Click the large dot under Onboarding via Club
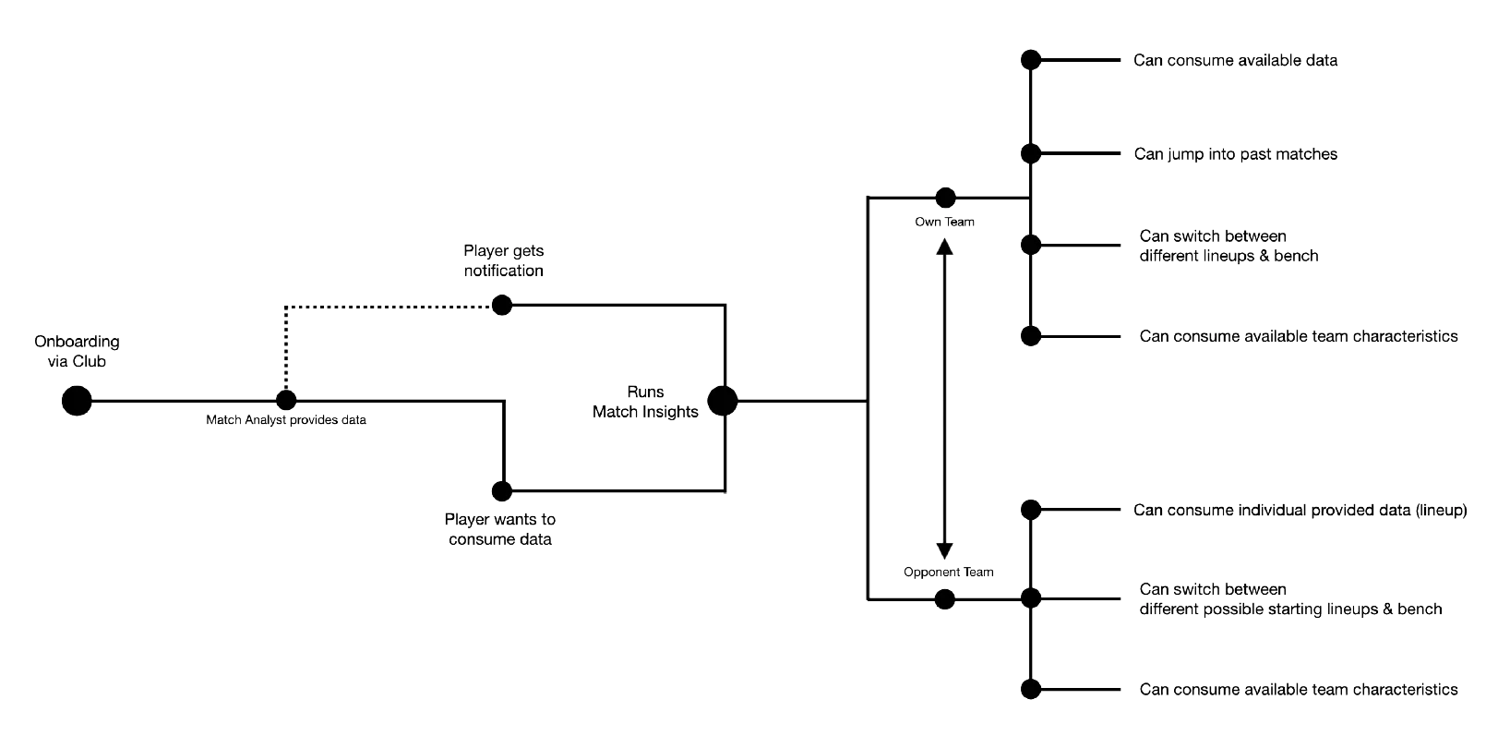pos(78,401)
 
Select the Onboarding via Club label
pos(78,352)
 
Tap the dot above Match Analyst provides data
pos(286,401)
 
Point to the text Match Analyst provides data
pos(286,421)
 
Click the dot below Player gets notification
pos(501,304)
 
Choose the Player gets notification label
pos(504,261)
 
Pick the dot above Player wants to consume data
pos(501,490)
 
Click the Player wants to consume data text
pos(499,530)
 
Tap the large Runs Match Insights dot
pos(722,401)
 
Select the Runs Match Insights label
pos(645,402)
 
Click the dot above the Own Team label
pos(945,197)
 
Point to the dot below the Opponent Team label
pos(945,600)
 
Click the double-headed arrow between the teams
pos(944,397)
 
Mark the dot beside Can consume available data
pos(1031,60)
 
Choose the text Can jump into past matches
pos(1235,154)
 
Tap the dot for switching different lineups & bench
pos(1031,245)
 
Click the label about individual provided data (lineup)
pos(1300,510)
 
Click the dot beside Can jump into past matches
pos(1031,154)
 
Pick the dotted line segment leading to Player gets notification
pos(388,305)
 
